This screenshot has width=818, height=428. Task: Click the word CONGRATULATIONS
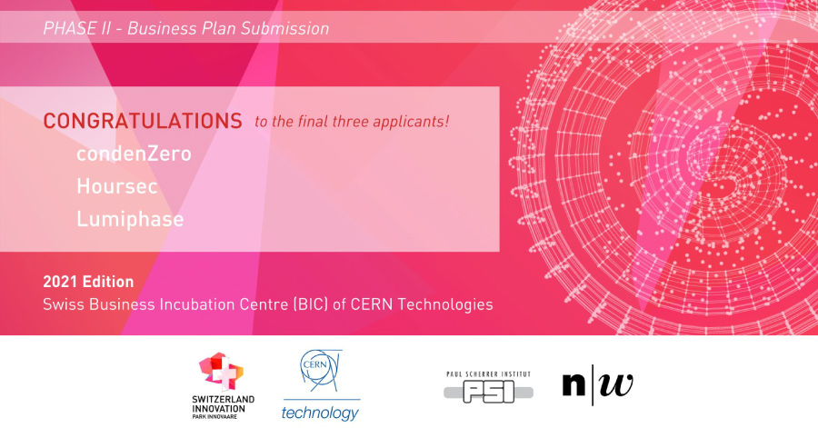(x=143, y=121)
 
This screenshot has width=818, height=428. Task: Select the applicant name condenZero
(x=135, y=154)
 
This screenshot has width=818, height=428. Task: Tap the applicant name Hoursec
(x=117, y=186)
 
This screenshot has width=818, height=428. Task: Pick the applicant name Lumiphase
(x=130, y=219)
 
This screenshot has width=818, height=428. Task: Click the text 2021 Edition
(x=88, y=282)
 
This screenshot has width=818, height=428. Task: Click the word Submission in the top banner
(x=284, y=28)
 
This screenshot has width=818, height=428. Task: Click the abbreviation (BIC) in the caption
(x=311, y=304)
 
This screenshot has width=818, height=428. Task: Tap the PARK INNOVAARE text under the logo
(x=214, y=416)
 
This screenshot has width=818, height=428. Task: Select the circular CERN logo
(x=320, y=371)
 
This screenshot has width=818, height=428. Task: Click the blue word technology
(x=320, y=413)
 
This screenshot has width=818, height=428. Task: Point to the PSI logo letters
(x=489, y=392)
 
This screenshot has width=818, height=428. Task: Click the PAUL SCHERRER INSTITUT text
(x=488, y=373)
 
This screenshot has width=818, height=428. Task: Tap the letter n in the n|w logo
(x=574, y=384)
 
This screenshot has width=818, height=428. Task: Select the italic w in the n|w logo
(x=616, y=384)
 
